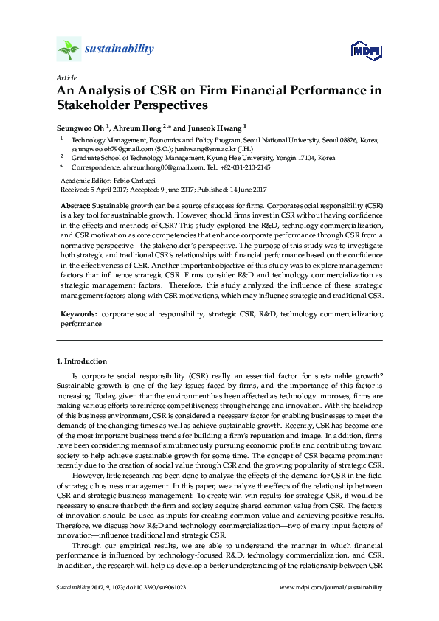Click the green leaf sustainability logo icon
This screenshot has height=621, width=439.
(68, 50)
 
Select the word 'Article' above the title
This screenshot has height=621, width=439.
(65, 77)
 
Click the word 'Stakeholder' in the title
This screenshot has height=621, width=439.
(94, 105)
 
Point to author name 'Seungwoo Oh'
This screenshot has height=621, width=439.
(79, 126)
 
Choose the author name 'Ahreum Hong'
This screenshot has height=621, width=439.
(138, 126)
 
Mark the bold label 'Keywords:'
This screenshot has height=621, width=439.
(78, 314)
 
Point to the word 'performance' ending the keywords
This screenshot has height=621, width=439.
(80, 323)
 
